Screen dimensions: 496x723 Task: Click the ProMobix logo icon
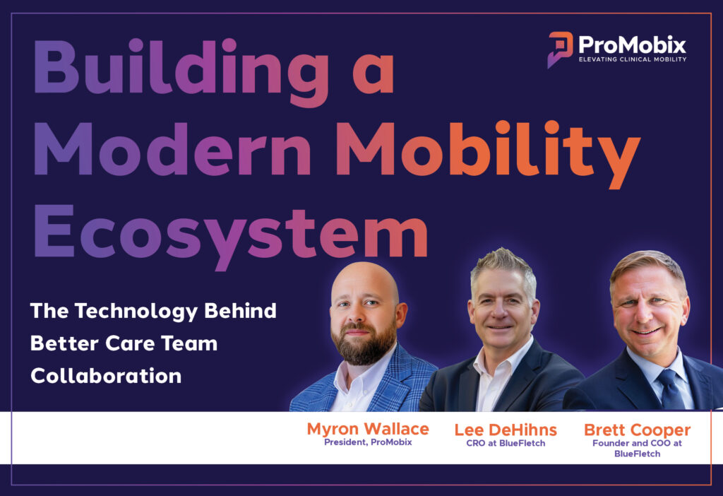pos(560,48)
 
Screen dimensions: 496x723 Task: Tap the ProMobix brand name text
pos(632,45)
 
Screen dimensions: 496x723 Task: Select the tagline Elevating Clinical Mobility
pos(632,59)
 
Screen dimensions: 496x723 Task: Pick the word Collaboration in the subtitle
pos(106,375)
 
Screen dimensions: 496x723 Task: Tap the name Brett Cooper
pos(637,430)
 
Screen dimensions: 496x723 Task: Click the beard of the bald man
pos(363,346)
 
